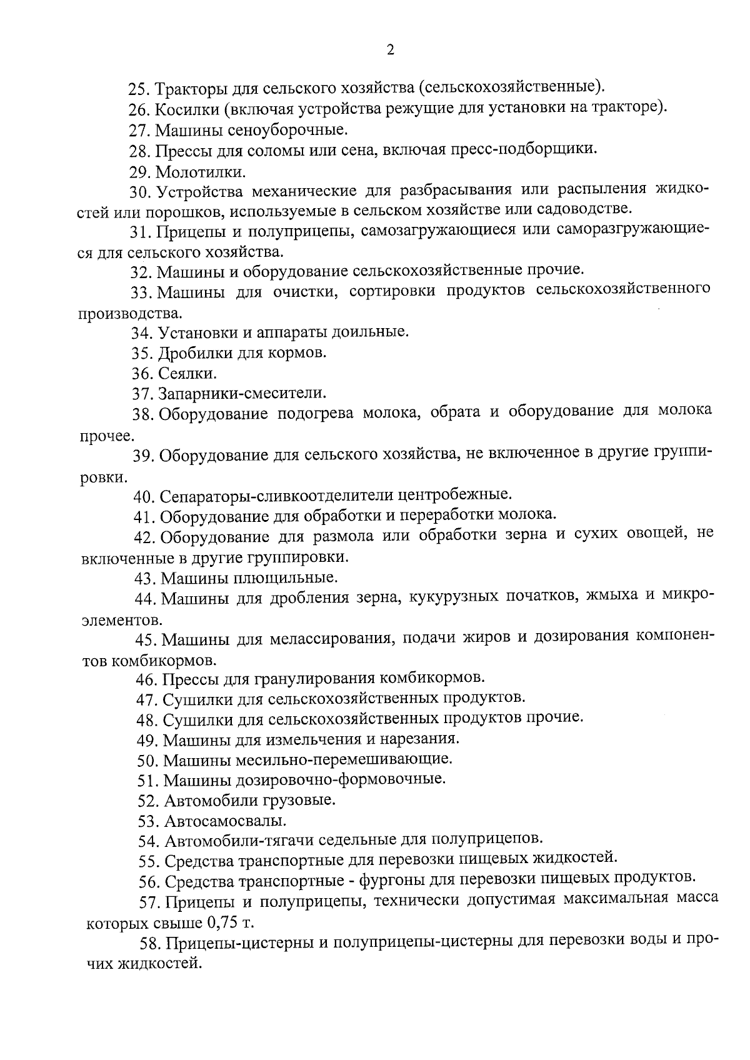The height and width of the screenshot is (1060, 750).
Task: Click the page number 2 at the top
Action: [x=391, y=51]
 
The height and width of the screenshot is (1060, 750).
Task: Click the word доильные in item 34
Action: [x=377, y=332]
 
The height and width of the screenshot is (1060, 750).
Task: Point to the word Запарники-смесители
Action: [x=242, y=394]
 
